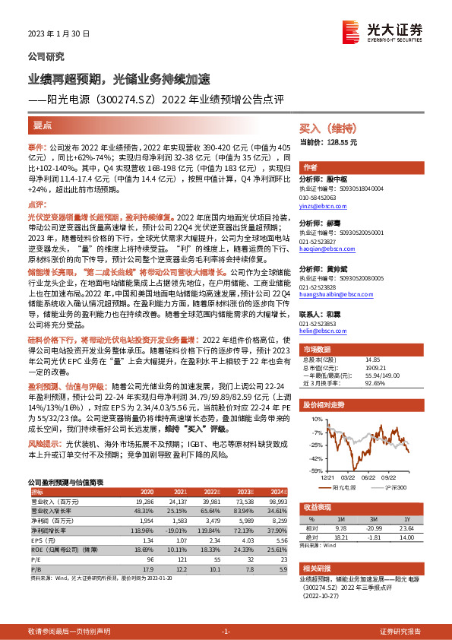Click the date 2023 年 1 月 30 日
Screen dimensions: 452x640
tap(59, 33)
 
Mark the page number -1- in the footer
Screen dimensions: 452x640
tap(226, 632)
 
